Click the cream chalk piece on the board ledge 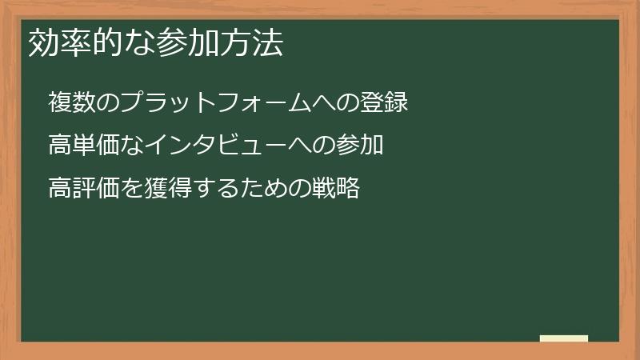point(564,338)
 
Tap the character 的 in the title point(103,43)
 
